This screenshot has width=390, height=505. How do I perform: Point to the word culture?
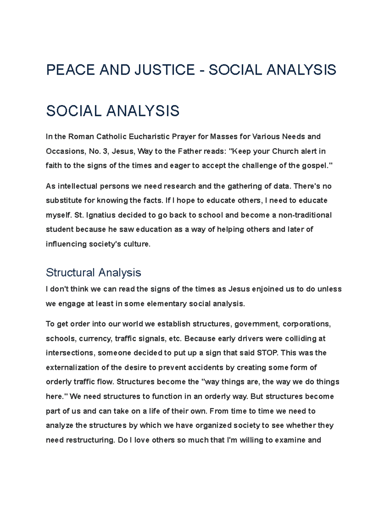[138, 244]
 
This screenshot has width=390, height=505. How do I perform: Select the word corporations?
[306, 324]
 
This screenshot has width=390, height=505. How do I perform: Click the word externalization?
[73, 367]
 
